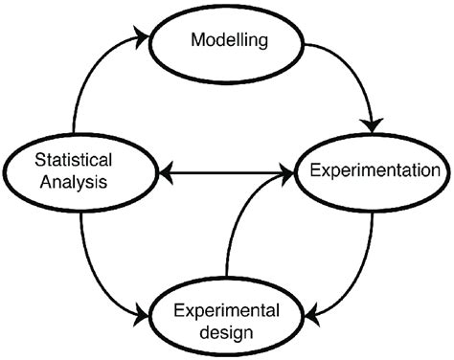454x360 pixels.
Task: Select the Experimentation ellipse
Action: coord(375,171)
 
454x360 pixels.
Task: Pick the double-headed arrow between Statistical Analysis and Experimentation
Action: coord(226,173)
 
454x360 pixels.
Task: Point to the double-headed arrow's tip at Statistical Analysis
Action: coord(164,173)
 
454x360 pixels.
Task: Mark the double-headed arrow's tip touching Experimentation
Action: coord(291,173)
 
